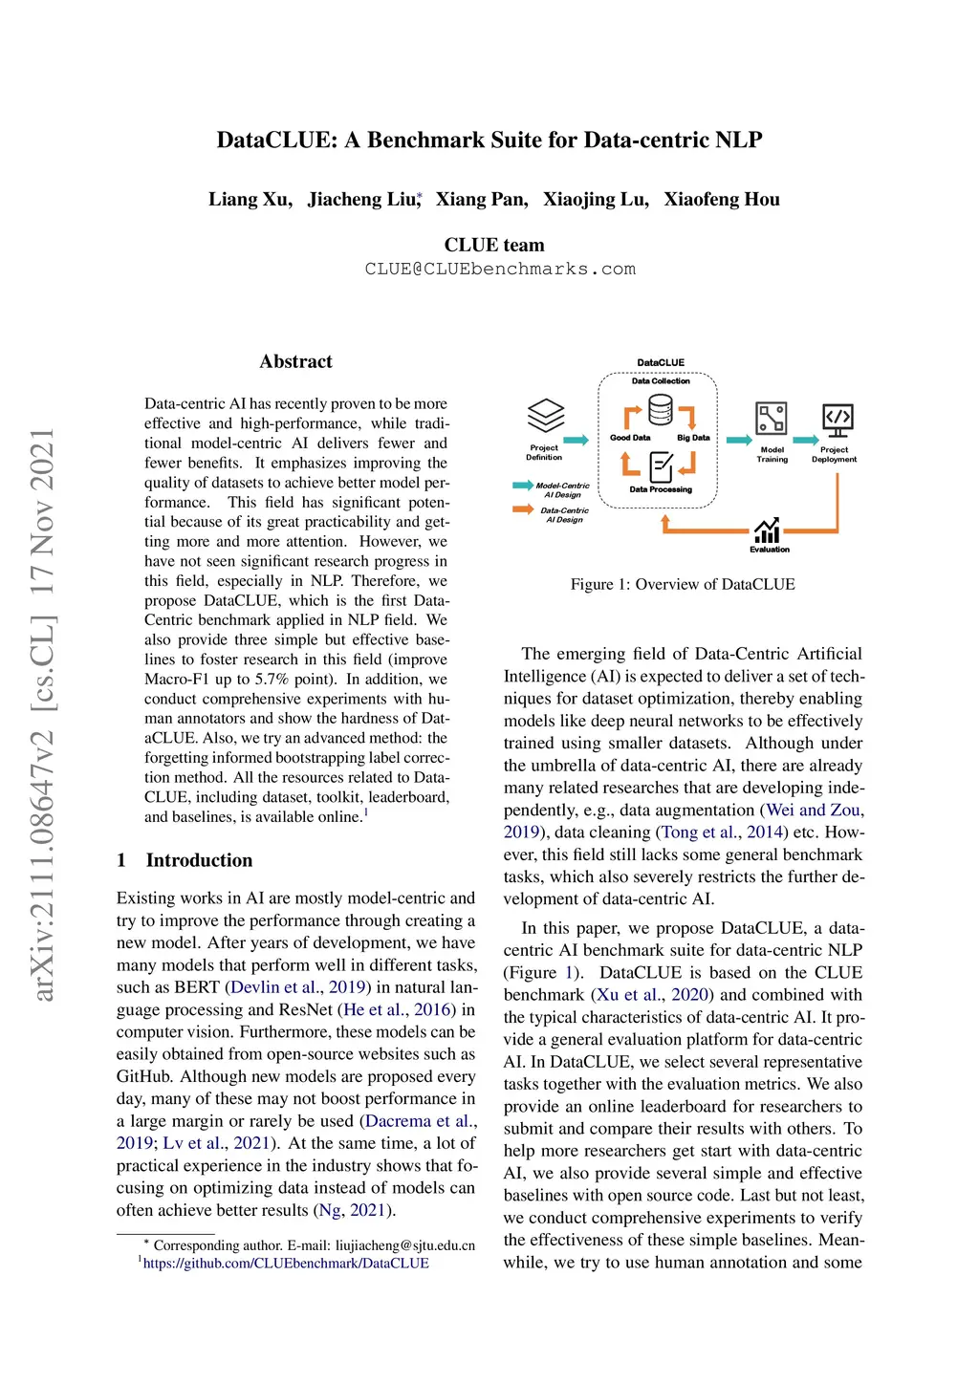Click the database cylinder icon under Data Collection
pyautogui.click(x=661, y=410)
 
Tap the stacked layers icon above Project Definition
pyautogui.click(x=546, y=417)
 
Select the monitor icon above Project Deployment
pyautogui.click(x=838, y=420)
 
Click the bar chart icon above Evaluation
pyautogui.click(x=767, y=530)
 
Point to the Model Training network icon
pyautogui.click(x=772, y=420)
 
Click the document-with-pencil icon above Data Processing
pyautogui.click(x=661, y=466)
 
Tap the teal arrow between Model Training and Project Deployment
pyautogui.click(x=806, y=440)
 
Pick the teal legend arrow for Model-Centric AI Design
pyautogui.click(x=523, y=486)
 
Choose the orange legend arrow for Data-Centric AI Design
pyautogui.click(x=523, y=509)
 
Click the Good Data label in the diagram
pyautogui.click(x=630, y=438)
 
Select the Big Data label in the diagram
pyautogui.click(x=693, y=438)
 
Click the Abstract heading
pyautogui.click(x=296, y=361)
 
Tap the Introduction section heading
pyautogui.click(x=199, y=860)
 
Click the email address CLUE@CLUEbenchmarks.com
pyautogui.click(x=500, y=270)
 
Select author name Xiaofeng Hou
pyautogui.click(x=722, y=199)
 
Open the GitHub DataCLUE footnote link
pyautogui.click(x=286, y=1264)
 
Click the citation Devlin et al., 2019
pyautogui.click(x=298, y=987)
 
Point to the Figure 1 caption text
pyautogui.click(x=683, y=584)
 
